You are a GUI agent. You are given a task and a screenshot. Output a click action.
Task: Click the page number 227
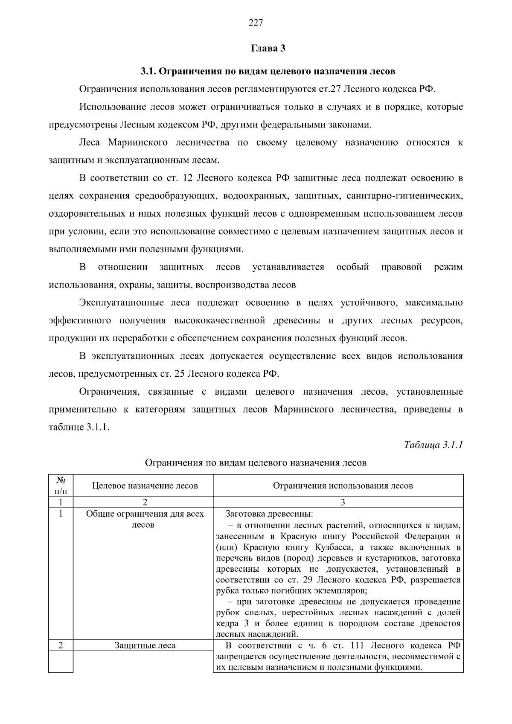click(x=256, y=23)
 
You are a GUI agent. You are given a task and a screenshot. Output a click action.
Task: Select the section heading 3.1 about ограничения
click(x=268, y=71)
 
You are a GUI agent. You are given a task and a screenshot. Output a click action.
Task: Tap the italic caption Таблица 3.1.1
click(x=433, y=445)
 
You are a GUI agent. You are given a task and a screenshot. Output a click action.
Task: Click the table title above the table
click(x=256, y=462)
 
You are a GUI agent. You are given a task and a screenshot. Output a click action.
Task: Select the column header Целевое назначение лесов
click(x=145, y=486)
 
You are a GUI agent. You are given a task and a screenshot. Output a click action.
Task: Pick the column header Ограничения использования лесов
click(x=343, y=486)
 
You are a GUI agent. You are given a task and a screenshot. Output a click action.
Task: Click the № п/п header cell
click(x=61, y=485)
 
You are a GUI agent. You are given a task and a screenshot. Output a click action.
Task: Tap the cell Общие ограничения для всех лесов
click(x=145, y=519)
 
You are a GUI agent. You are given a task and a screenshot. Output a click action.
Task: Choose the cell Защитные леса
click(x=145, y=645)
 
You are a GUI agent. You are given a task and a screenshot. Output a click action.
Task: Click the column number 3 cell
click(x=343, y=502)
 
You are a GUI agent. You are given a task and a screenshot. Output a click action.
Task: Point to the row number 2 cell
click(x=61, y=645)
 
